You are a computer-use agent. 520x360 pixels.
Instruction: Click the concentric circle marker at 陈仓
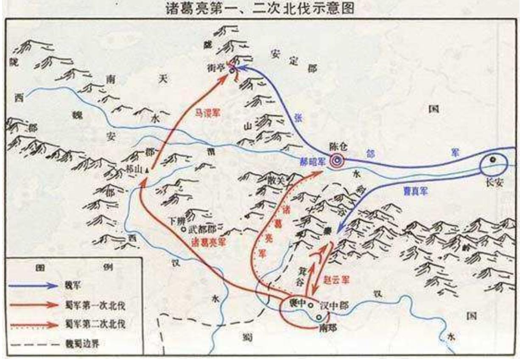338,161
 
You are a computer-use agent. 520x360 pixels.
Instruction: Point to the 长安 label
495,179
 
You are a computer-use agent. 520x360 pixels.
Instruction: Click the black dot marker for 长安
492,160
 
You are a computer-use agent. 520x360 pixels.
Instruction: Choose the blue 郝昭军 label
312,162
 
